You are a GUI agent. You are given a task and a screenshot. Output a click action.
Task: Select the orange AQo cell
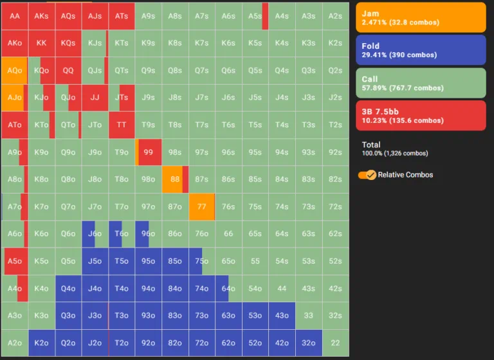click(x=14, y=71)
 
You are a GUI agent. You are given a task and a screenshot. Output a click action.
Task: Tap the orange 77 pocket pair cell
click(x=201, y=206)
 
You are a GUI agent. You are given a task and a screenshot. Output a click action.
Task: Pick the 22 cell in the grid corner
click(x=334, y=343)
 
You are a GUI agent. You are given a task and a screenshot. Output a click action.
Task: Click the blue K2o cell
click(x=41, y=343)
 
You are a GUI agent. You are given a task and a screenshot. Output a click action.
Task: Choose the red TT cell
click(x=121, y=125)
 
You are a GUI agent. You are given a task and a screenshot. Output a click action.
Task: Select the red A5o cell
click(x=14, y=261)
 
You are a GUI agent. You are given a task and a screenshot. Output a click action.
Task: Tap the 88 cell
click(x=174, y=179)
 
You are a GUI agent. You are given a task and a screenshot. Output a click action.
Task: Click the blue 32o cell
click(x=308, y=343)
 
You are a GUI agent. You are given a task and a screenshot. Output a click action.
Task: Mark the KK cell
click(x=41, y=43)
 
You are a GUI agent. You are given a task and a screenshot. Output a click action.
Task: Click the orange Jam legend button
click(x=421, y=17)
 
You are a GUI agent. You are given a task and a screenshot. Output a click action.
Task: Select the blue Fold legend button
click(x=421, y=50)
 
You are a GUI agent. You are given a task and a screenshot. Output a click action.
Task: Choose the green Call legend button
click(x=421, y=83)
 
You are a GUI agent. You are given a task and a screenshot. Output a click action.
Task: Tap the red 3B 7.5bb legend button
click(x=421, y=116)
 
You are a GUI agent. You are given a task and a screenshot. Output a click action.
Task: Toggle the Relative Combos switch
click(x=367, y=175)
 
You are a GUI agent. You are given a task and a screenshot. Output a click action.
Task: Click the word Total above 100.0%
click(x=371, y=145)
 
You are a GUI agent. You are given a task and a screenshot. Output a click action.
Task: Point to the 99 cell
click(x=148, y=152)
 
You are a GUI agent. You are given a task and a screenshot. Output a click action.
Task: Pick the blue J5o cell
click(x=95, y=261)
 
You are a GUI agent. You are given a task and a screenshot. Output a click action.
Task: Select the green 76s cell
click(x=228, y=206)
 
